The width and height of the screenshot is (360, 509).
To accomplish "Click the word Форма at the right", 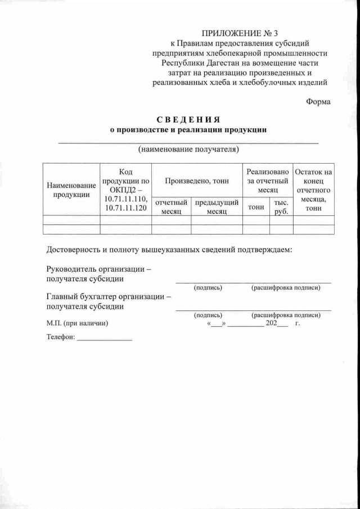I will click(x=318, y=101).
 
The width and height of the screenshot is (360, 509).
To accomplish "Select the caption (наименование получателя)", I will click(x=188, y=149).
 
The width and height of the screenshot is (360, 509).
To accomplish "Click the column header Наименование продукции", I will click(x=71, y=190).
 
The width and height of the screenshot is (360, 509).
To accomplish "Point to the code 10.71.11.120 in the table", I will click(x=125, y=208).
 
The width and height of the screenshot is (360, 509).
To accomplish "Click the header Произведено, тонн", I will click(x=197, y=181).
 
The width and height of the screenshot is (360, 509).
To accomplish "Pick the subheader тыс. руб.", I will click(x=281, y=207).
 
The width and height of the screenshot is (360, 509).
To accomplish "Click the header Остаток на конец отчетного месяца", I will click(x=313, y=190).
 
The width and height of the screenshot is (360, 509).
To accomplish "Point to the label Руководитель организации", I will click(x=99, y=269).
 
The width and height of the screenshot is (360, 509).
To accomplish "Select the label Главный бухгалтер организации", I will click(x=108, y=296).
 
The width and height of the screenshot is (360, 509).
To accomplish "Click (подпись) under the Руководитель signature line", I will click(x=208, y=287).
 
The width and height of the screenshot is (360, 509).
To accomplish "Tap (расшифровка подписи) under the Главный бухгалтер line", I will click(x=286, y=315).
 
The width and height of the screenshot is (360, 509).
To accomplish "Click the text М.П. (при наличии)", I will click(x=76, y=323).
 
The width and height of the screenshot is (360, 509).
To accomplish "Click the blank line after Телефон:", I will click(x=104, y=339).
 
